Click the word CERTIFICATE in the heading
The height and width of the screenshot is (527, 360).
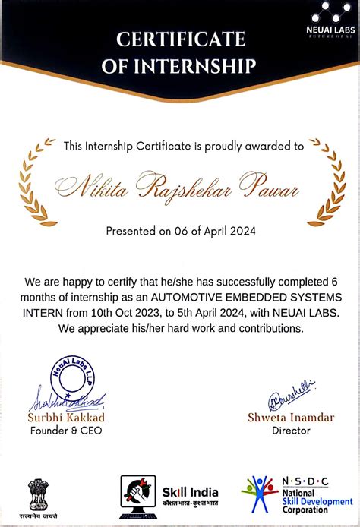[x=180, y=39]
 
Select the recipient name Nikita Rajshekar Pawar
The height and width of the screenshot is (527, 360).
[x=180, y=185]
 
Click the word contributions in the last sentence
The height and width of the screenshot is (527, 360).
[x=264, y=328]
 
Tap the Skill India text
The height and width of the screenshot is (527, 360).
[x=191, y=491]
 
